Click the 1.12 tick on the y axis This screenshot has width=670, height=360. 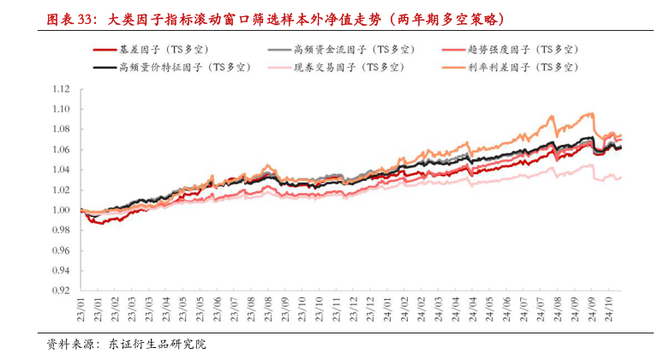click(x=60, y=89)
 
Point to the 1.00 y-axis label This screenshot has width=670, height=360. click(x=60, y=210)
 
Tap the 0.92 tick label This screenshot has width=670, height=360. click(x=60, y=291)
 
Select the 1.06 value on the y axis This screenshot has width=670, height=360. click(x=60, y=150)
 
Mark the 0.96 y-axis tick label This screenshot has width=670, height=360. click(x=60, y=250)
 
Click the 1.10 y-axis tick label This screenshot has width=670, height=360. click(x=60, y=110)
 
